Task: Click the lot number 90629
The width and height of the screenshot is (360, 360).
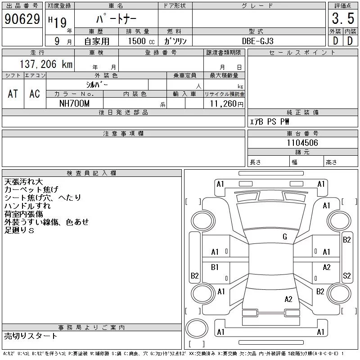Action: (22, 19)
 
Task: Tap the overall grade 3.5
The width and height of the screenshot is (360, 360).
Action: (343, 18)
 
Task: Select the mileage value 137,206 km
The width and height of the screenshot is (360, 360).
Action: (46, 64)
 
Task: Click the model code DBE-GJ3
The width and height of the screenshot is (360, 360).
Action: (257, 41)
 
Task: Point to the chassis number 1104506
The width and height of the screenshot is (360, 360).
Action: (302, 143)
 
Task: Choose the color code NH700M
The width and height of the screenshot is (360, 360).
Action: (74, 103)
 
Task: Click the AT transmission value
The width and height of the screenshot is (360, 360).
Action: (13, 94)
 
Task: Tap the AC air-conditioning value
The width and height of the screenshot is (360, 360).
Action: (35, 94)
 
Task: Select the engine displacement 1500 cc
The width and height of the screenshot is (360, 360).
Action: (141, 41)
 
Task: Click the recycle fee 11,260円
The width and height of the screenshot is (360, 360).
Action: (227, 104)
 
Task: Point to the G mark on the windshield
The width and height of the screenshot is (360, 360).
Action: (285, 237)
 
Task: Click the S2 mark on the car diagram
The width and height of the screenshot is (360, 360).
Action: (346, 275)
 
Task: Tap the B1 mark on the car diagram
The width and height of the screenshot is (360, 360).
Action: (215, 267)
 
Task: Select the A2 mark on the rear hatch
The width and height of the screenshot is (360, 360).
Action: (288, 299)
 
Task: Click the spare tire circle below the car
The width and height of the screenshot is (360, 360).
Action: (197, 328)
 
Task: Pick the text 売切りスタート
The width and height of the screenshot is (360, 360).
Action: (31, 336)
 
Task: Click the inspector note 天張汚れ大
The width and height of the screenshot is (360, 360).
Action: (24, 182)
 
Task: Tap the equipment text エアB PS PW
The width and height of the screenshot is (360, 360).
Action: (269, 121)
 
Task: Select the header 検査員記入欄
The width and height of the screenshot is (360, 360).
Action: (91, 173)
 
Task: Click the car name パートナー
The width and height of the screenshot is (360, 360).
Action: (117, 19)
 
